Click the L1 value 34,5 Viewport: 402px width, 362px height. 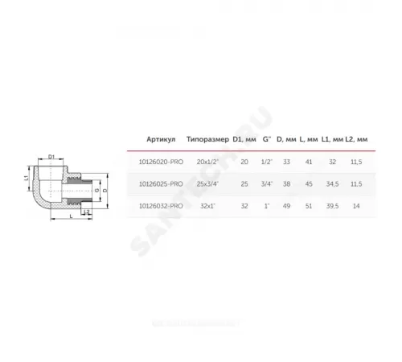[329, 183]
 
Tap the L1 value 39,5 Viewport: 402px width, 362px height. [329, 206]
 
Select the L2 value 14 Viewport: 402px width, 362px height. [355, 206]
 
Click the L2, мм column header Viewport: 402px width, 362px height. [355, 139]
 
